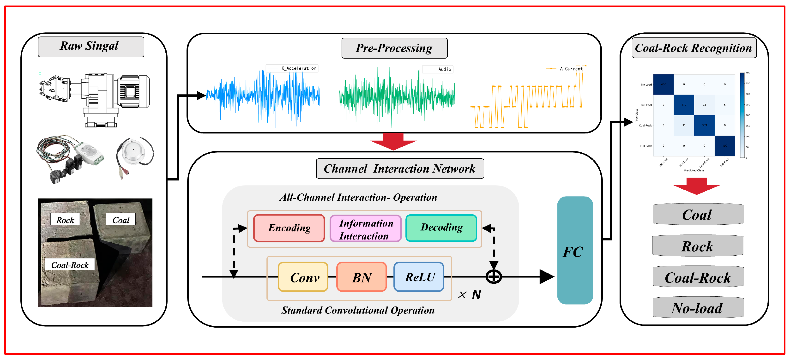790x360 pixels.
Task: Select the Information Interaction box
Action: point(365,229)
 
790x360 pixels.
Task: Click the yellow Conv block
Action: point(303,277)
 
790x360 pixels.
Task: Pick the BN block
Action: point(361,277)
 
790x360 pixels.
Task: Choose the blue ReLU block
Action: point(419,277)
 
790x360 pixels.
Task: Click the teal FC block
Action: point(575,250)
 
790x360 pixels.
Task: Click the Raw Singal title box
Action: point(91,47)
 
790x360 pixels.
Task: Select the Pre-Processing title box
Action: point(394,48)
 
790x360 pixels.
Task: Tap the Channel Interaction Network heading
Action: point(400,169)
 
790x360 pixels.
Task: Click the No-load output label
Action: point(698,308)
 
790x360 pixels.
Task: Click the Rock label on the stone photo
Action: point(65,220)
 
